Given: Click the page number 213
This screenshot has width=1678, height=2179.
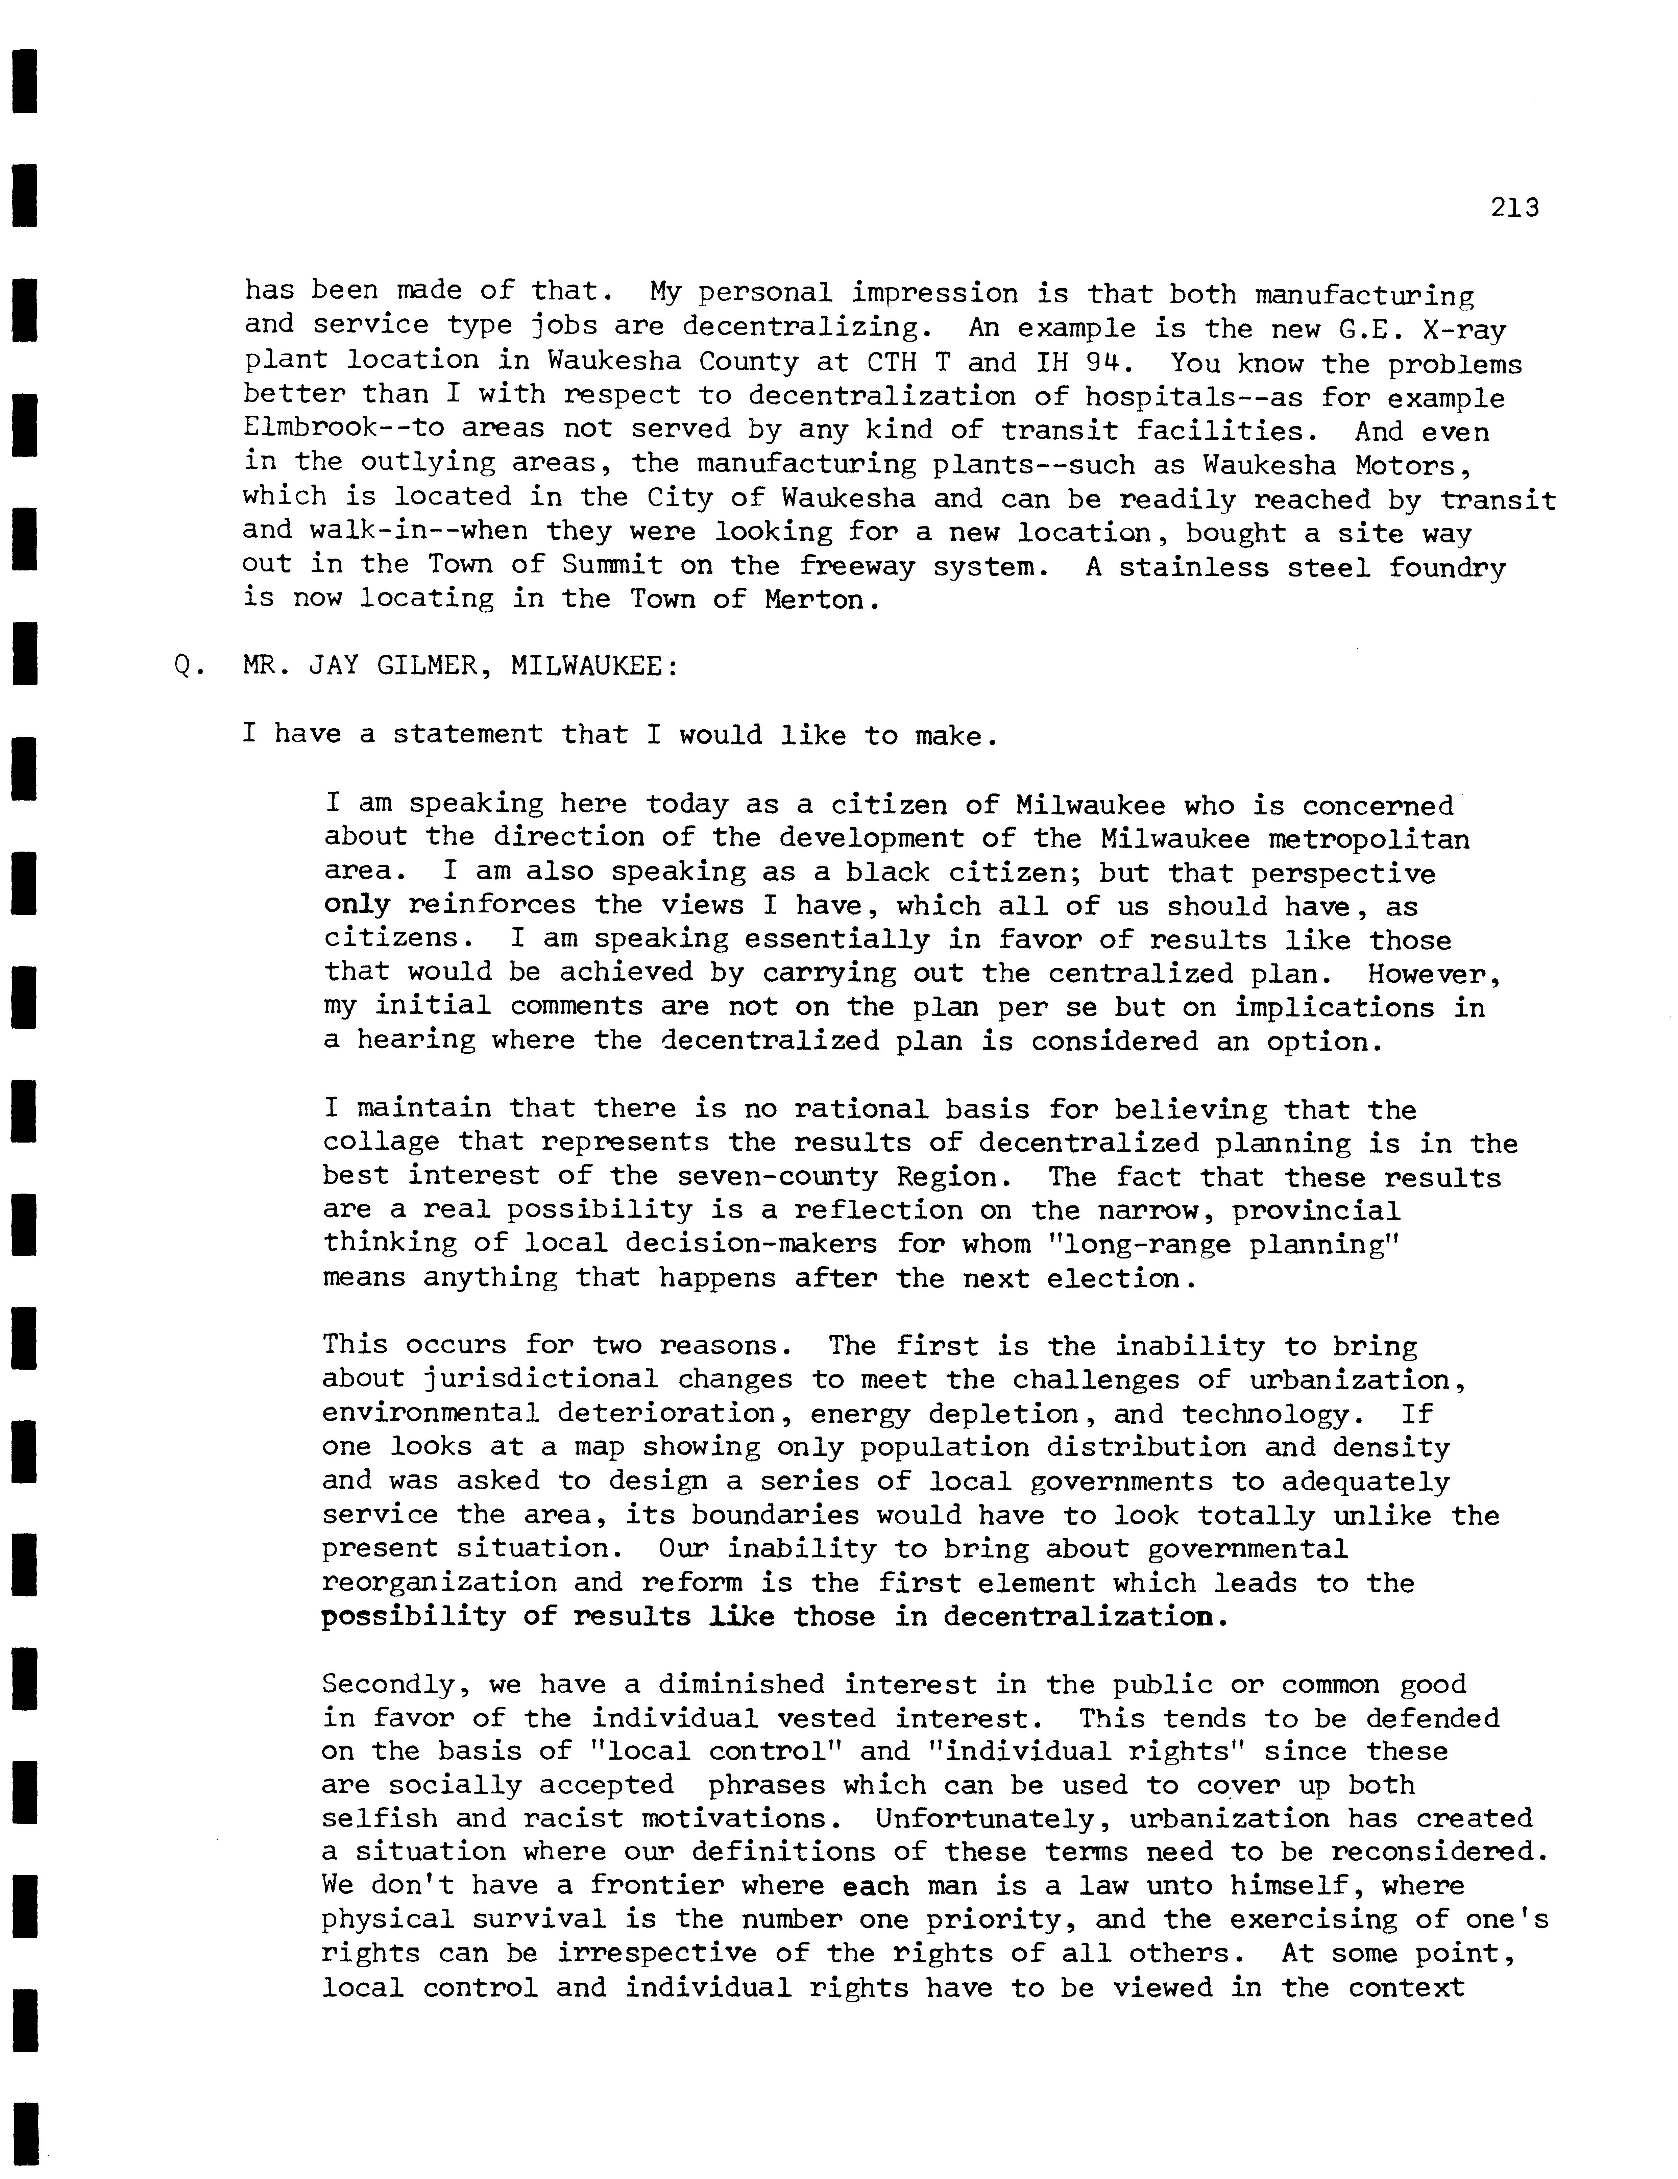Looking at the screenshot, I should (1514, 207).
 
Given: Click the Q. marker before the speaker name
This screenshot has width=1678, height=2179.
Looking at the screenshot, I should (187, 665).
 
